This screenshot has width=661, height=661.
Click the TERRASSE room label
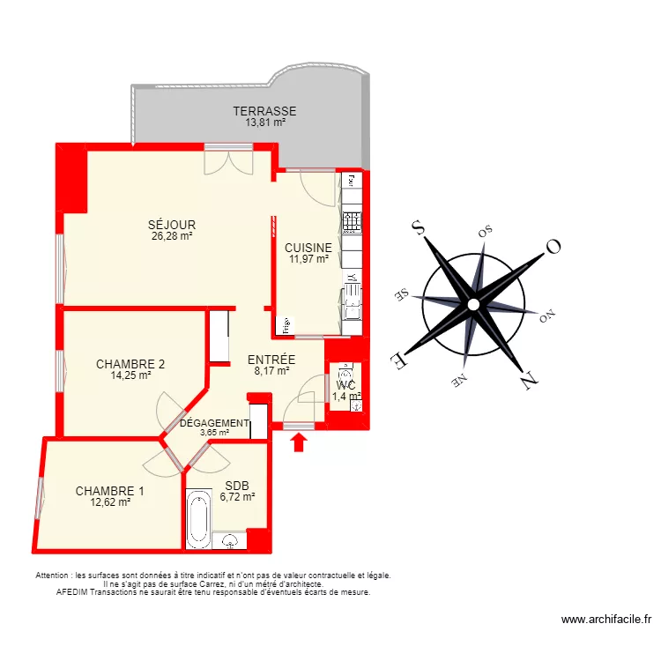pyautogui.click(x=264, y=111)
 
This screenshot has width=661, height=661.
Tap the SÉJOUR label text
pyautogui.click(x=172, y=225)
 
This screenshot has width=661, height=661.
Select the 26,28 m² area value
pyautogui.click(x=172, y=235)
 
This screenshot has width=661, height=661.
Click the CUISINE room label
pyautogui.click(x=308, y=248)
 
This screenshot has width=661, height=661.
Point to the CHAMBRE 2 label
pyautogui.click(x=130, y=364)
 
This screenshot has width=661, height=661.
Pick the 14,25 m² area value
pyautogui.click(x=130, y=375)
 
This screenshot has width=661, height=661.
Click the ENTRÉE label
pyautogui.click(x=271, y=360)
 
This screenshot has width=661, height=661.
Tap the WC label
pyautogui.click(x=345, y=385)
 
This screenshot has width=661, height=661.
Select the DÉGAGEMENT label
pyautogui.click(x=214, y=423)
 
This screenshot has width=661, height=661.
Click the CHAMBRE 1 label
pyautogui.click(x=110, y=491)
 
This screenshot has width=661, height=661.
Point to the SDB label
pyautogui.click(x=237, y=486)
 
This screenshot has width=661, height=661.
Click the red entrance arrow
pyautogui.click(x=299, y=441)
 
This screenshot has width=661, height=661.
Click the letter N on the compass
pyautogui.click(x=530, y=381)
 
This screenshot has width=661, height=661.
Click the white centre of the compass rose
pyautogui.click(x=473, y=304)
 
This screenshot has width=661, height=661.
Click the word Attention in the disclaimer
pyautogui.click(x=55, y=576)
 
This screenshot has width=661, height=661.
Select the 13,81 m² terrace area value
pyautogui.click(x=264, y=123)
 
